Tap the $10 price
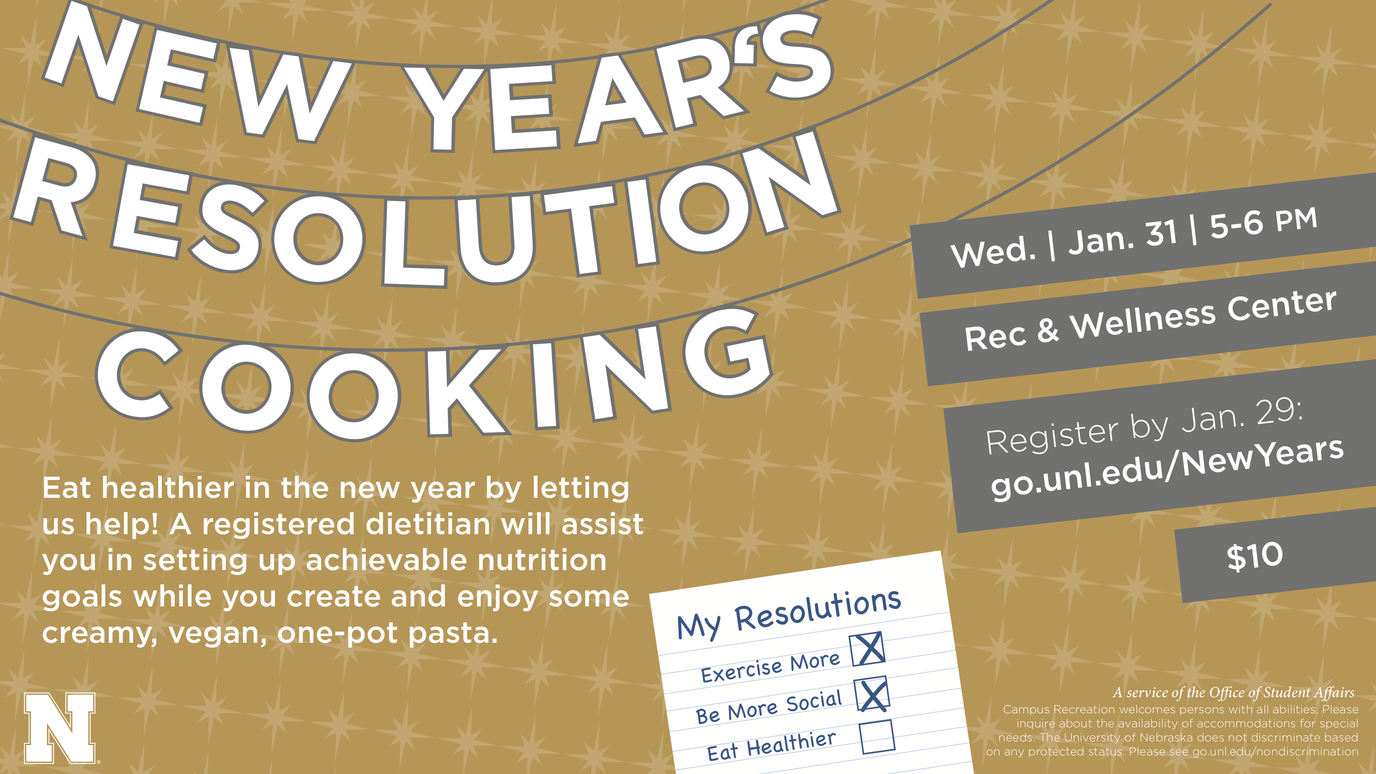coord(1255,556)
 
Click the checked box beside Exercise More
coord(867,649)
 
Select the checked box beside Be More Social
coord(872,694)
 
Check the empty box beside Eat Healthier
coord(878,737)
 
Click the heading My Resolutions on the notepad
coord(789,614)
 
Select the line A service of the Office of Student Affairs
coord(1234,693)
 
